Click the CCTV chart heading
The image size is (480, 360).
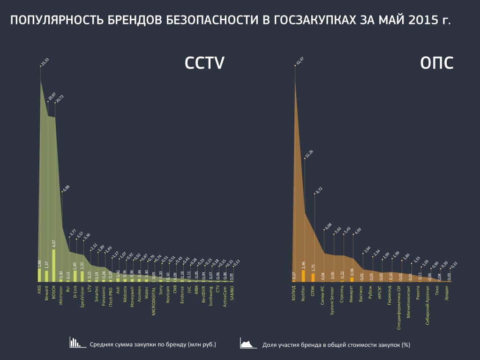point(204,64)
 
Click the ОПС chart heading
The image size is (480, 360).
point(436,64)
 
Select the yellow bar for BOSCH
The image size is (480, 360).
point(53,265)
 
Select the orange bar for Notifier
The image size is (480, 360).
point(303,276)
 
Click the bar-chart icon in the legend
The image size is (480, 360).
point(75,343)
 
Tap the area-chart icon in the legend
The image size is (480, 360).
point(248,343)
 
